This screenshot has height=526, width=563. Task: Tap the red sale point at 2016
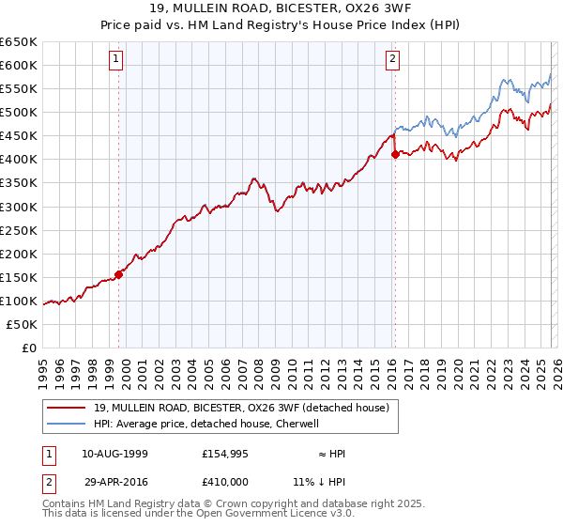click(395, 155)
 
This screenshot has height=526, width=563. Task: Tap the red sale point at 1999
click(119, 275)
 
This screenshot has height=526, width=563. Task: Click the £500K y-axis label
click(19, 112)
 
